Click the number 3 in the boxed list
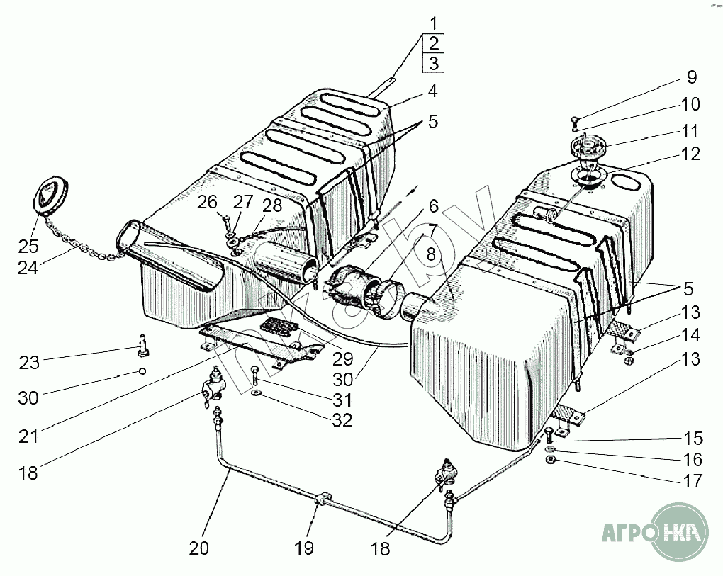tap(433, 64)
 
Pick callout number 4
tap(432, 91)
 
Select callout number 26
tap(208, 203)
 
